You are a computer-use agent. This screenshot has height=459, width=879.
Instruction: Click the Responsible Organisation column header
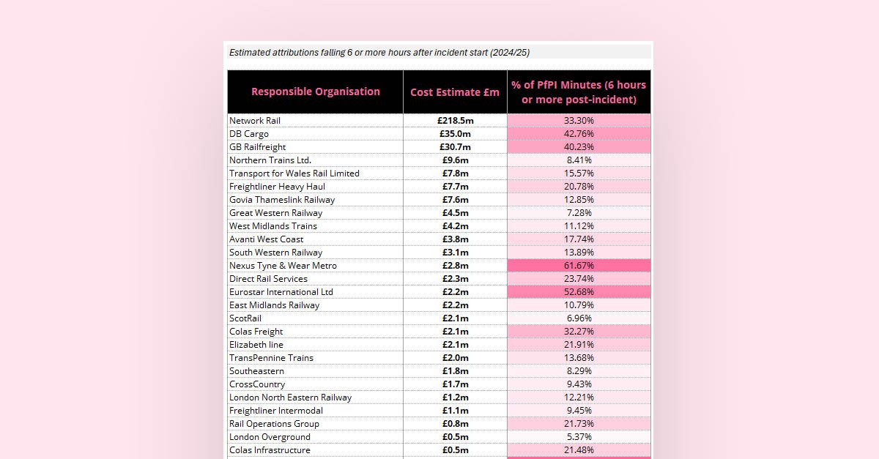click(315, 92)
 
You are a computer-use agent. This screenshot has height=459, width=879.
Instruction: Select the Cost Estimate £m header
click(455, 92)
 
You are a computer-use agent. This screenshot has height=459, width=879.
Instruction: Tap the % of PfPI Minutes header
click(579, 92)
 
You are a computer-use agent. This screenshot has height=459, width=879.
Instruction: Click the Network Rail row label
click(255, 121)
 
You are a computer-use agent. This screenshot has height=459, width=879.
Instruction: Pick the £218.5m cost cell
click(454, 121)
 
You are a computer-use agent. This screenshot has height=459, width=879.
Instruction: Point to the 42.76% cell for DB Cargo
click(579, 134)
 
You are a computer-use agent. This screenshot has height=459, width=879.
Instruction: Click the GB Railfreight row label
click(259, 147)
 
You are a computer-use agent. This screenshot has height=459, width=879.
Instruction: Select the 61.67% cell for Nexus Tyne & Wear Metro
click(579, 266)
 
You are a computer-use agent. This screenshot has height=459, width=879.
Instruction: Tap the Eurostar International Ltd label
click(281, 292)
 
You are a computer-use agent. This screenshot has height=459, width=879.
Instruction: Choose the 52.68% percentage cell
click(579, 292)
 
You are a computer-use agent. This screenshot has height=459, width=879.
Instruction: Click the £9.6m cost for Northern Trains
click(455, 160)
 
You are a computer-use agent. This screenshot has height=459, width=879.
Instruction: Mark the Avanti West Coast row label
click(266, 239)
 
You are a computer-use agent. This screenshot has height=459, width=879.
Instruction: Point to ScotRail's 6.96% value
click(579, 318)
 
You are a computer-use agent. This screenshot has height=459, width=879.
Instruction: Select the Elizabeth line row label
click(256, 345)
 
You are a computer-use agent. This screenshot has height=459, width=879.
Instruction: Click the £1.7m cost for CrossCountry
click(455, 384)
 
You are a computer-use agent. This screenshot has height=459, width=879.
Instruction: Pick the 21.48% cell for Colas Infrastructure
click(579, 450)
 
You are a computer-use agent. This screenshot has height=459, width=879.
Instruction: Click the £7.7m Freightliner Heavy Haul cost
click(455, 187)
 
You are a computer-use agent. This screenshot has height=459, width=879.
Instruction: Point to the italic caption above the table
click(379, 53)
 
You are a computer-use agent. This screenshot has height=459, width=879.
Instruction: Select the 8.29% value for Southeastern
click(579, 371)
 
